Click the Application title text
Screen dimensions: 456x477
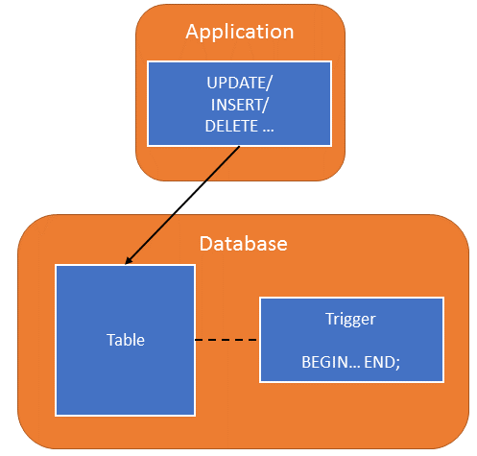point(239,32)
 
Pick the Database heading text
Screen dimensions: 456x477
point(242,243)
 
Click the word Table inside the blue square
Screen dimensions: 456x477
point(125,340)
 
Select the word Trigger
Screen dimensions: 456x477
point(351,318)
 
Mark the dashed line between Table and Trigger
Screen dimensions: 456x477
point(227,340)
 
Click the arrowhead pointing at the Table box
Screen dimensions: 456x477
point(130,261)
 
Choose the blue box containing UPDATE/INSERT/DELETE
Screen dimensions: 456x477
point(239,104)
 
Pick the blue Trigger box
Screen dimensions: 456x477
point(351,340)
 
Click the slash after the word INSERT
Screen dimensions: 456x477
point(270,105)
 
